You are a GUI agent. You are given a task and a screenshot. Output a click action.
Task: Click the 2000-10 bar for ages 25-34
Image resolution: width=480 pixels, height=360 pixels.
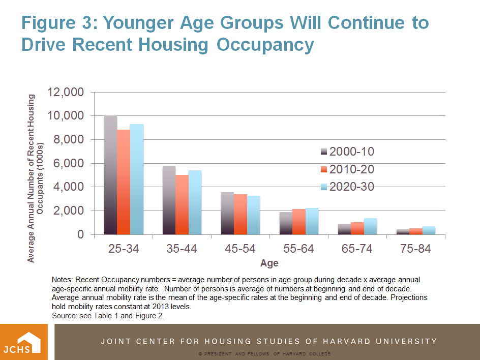point(110,175)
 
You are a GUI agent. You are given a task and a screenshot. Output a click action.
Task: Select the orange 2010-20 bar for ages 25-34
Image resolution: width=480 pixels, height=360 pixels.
point(123,182)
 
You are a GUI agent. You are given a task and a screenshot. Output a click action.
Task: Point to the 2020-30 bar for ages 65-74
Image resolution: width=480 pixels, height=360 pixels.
point(370,226)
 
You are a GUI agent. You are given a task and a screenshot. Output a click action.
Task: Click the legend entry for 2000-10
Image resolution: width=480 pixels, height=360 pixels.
point(347,152)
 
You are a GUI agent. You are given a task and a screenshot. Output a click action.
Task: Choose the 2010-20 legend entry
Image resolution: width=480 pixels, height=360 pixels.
point(347,169)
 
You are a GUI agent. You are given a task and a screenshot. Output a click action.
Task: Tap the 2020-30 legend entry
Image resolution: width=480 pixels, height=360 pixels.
point(347,187)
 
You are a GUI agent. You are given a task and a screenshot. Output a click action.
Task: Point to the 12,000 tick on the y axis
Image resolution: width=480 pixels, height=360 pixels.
point(65,93)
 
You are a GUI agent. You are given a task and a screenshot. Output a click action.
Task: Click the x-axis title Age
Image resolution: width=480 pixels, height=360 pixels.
point(269,263)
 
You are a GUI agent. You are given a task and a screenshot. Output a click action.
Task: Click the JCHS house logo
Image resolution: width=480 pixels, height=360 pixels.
point(24,341)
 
